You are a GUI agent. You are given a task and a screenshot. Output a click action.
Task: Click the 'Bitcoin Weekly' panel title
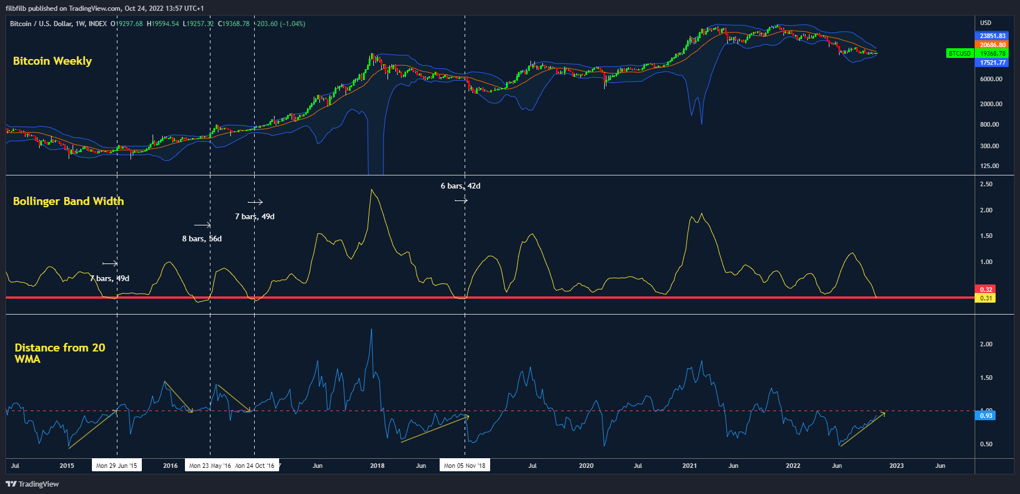(52, 61)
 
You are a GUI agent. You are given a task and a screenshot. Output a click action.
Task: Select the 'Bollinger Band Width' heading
(68, 201)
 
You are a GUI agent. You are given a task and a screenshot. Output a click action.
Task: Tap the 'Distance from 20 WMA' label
(60, 353)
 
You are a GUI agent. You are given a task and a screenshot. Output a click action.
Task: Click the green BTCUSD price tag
(959, 53)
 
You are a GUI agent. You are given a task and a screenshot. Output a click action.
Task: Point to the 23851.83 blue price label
(992, 36)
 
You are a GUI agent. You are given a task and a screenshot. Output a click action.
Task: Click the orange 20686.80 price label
(992, 45)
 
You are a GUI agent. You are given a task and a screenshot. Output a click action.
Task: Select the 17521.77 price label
(992, 62)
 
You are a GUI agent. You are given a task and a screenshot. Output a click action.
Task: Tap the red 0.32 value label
(986, 290)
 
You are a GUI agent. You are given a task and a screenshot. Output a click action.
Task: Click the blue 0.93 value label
(986, 416)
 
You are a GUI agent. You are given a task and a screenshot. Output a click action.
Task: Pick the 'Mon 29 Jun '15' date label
(116, 466)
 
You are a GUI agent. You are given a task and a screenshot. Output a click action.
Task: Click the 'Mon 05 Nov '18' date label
(465, 466)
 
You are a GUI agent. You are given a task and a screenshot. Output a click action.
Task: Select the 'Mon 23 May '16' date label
(210, 466)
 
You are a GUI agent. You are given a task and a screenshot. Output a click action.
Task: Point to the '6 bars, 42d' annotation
(460, 186)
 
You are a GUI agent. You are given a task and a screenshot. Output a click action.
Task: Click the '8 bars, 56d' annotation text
(201, 238)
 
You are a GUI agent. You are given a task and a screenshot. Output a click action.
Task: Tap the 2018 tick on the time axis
(377, 466)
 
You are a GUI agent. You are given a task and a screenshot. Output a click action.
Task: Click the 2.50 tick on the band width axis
(986, 184)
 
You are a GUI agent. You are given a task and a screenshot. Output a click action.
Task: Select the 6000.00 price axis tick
(991, 79)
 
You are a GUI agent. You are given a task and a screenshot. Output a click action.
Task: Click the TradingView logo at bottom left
(32, 484)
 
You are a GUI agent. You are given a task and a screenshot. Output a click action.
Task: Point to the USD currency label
(985, 23)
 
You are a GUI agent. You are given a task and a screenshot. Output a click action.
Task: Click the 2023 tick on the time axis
(896, 466)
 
